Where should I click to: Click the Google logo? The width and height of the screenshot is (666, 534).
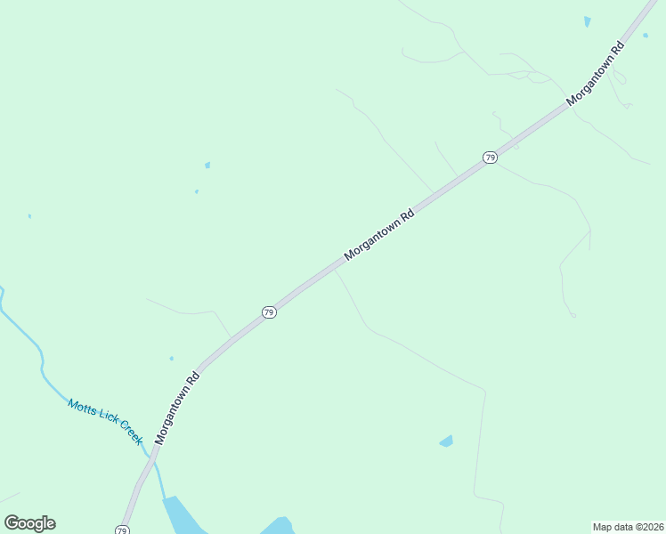coord(29,523)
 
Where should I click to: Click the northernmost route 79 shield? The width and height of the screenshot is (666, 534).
coord(490,158)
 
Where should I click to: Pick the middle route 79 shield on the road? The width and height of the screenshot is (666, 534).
coord(269,312)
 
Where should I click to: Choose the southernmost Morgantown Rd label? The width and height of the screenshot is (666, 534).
coord(177,407)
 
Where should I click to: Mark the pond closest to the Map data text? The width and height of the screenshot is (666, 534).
coord(446,441)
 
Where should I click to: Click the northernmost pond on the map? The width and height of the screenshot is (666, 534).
coord(587,20)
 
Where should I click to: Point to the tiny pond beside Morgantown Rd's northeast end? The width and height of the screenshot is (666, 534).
coord(645,36)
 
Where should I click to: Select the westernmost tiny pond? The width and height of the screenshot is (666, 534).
coord(29,215)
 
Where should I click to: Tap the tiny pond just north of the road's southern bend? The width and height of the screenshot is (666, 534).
coord(172,359)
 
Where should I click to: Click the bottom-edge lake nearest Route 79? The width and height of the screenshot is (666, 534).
coord(183,516)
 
